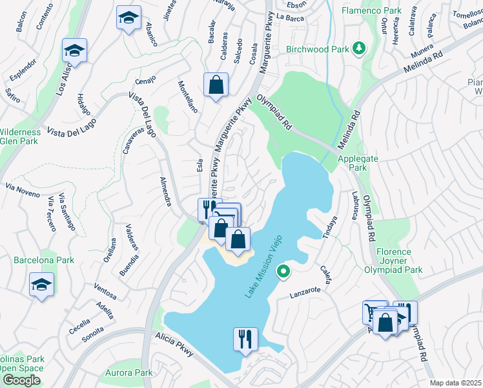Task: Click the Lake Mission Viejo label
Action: (264, 266)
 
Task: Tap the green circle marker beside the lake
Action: (282, 273)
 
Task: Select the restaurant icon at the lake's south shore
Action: (245, 338)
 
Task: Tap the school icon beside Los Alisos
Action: (75, 50)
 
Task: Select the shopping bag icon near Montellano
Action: (216, 84)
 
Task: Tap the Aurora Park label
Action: (130, 372)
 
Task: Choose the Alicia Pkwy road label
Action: (174, 345)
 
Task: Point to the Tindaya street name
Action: (330, 228)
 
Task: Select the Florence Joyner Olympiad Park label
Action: (393, 261)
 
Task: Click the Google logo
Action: (21, 380)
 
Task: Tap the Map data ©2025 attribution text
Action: (455, 383)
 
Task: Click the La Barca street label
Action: (290, 17)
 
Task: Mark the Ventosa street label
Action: (105, 291)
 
